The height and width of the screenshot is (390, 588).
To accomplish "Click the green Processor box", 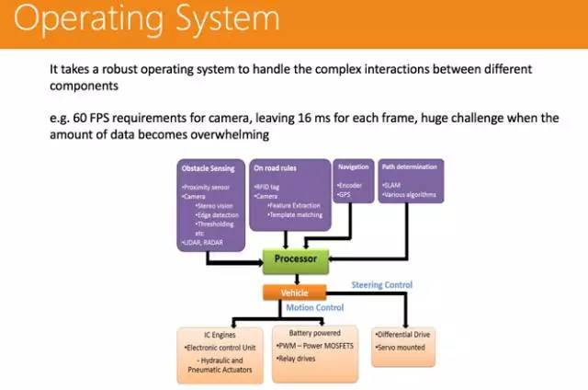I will point(295,259).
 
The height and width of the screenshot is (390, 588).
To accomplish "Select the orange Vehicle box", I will point(294,292).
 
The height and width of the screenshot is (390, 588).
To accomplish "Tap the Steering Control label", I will point(382,285).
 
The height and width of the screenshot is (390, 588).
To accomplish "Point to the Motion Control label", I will point(315,307).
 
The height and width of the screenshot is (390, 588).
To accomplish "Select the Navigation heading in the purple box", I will point(353,167).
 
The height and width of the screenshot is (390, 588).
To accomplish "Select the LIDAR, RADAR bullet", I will point(204,242).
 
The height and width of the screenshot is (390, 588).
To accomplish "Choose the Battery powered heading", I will point(314,333).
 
